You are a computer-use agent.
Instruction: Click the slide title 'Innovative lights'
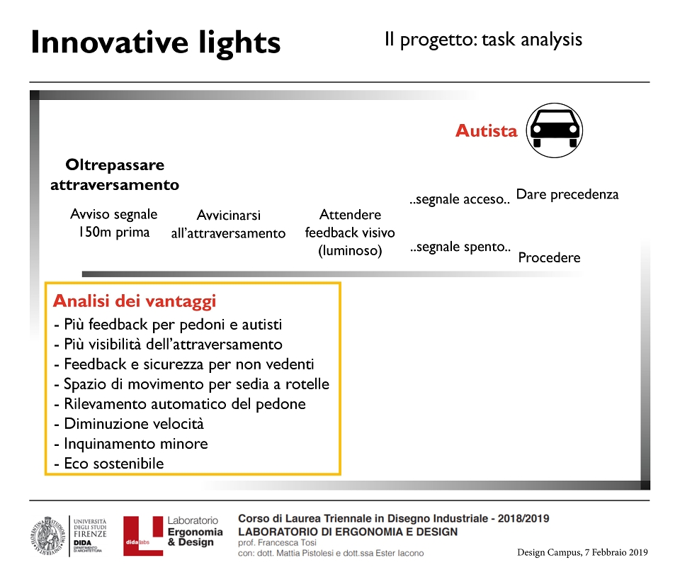[x=156, y=43]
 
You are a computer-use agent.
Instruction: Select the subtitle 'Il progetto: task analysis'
[x=483, y=40]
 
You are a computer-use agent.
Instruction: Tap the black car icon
[x=554, y=130]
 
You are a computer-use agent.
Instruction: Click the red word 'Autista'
[x=486, y=130]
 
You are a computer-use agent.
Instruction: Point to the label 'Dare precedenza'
[x=567, y=194]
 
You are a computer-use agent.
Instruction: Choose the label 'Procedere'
[x=549, y=257]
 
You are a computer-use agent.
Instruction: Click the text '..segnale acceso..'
[x=459, y=199]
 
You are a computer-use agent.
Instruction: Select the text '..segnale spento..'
[x=460, y=247]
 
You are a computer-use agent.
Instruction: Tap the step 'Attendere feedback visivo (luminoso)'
[x=350, y=233]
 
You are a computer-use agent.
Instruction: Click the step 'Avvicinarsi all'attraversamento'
[x=228, y=224]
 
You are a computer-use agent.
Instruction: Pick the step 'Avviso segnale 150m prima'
[x=113, y=223]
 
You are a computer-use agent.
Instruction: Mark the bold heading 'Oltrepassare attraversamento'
[x=115, y=175]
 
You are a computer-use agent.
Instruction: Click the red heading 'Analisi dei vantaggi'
[x=135, y=301]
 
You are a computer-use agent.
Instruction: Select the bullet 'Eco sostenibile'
[x=109, y=463]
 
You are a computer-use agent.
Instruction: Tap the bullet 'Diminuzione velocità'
[x=129, y=424]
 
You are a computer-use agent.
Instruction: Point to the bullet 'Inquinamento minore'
[x=131, y=444]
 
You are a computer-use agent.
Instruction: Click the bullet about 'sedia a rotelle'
[x=192, y=384]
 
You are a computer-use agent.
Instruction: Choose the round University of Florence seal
[x=47, y=536]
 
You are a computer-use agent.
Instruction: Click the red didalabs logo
[x=142, y=536]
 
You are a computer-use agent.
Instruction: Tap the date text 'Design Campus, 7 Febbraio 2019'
[x=582, y=553]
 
